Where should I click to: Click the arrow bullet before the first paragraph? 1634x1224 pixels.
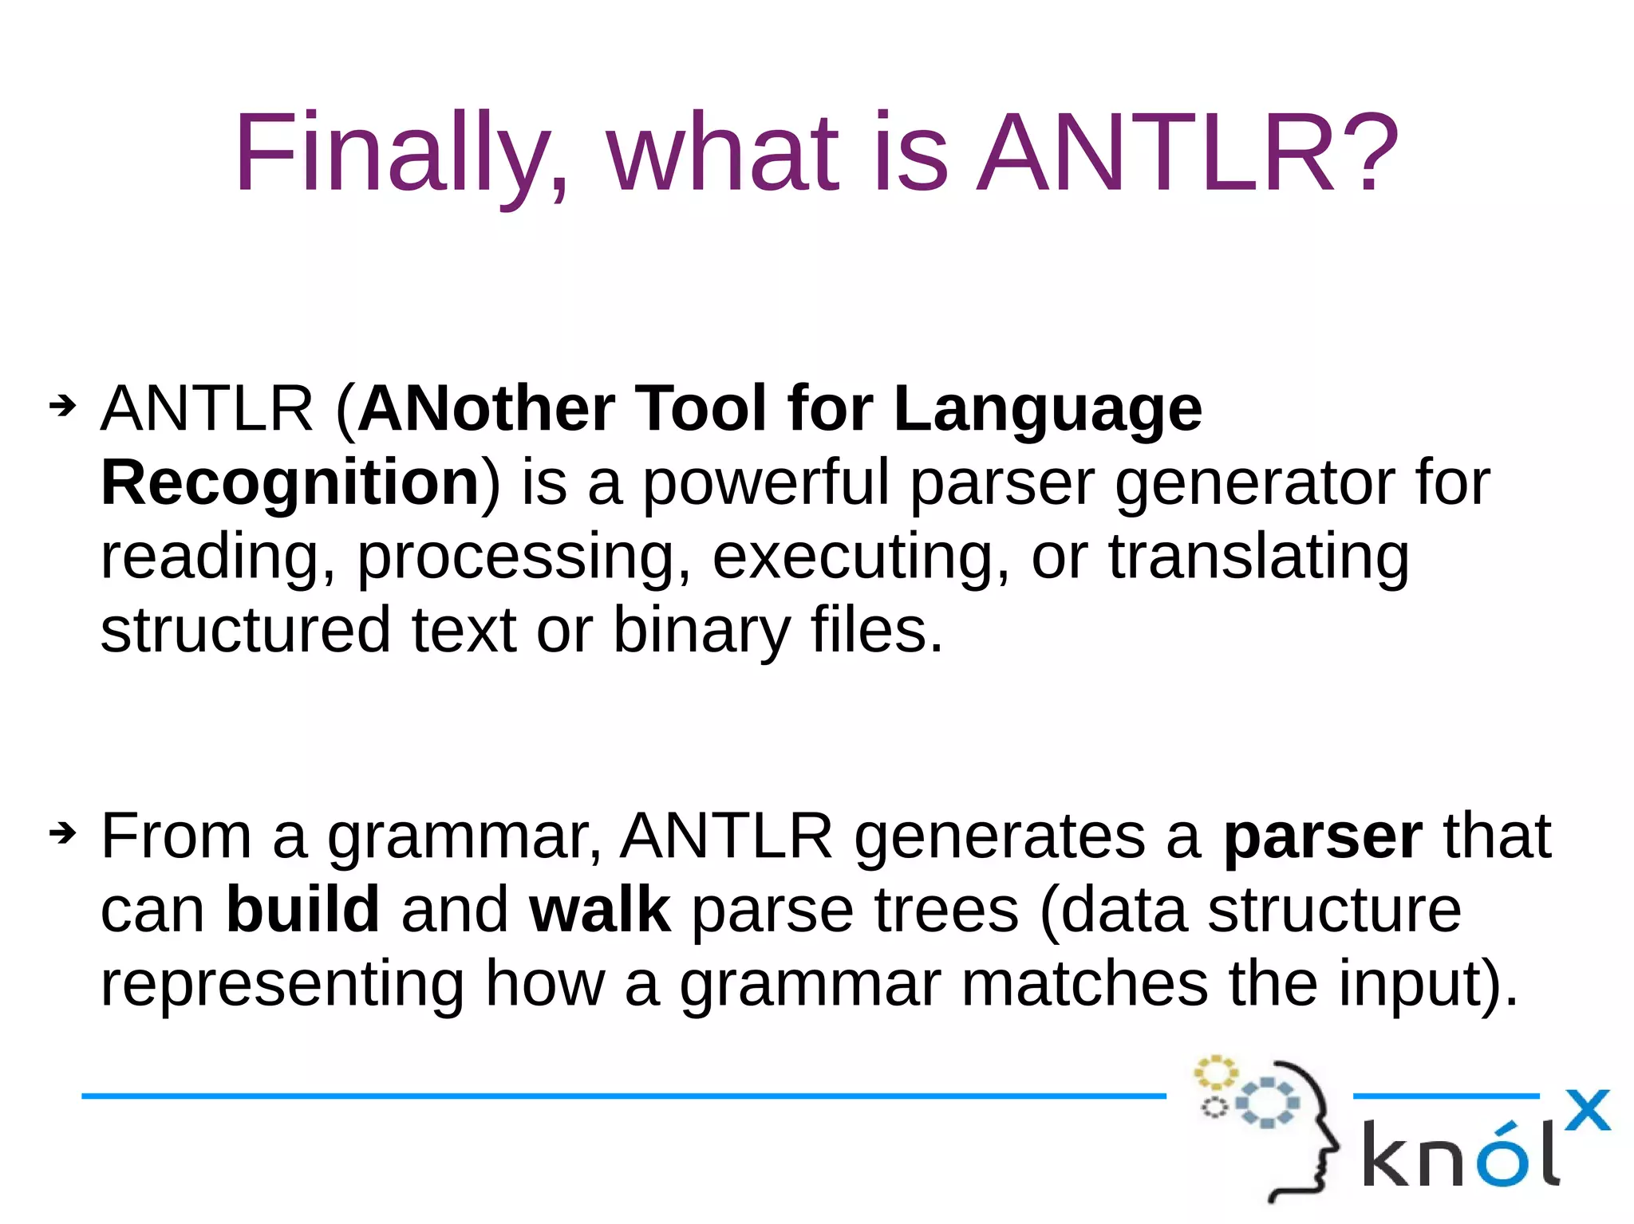coord(62,406)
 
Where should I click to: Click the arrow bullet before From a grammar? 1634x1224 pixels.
coord(62,834)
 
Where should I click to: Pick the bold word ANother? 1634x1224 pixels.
coord(486,408)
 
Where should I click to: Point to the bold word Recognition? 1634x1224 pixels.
coord(290,482)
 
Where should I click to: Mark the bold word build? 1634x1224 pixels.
coord(302,910)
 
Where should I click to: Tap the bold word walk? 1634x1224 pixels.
coord(600,910)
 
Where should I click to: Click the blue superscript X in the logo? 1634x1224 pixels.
coord(1587,1111)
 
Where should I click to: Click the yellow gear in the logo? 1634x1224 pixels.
coord(1214,1072)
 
